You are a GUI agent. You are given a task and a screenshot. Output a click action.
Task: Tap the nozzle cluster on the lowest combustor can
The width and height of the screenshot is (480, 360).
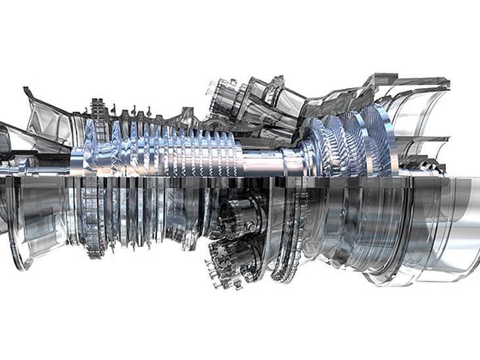coord(220,263)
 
